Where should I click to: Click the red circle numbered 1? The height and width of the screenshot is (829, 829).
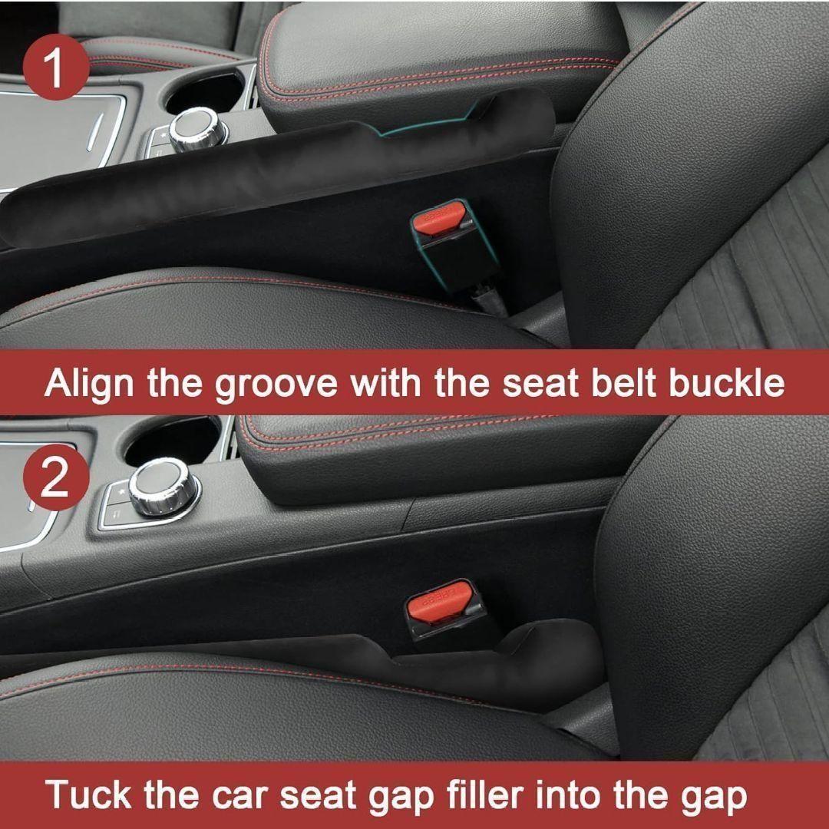tap(56, 67)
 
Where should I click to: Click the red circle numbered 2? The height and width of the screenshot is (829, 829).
tap(56, 477)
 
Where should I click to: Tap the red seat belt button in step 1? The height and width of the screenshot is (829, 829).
tap(438, 216)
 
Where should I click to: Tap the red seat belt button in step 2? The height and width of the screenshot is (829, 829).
tap(439, 600)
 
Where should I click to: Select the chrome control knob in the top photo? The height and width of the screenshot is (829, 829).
tap(197, 128)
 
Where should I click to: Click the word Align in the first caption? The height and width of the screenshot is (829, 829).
tap(88, 383)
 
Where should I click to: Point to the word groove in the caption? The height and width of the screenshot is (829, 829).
tap(276, 385)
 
